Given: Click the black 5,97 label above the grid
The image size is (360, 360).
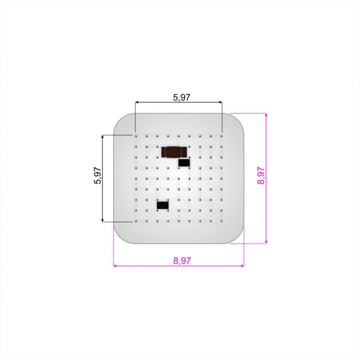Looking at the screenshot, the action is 182,97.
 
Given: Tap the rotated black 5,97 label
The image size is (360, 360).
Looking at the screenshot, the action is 97,176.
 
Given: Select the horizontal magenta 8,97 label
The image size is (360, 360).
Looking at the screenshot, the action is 182,261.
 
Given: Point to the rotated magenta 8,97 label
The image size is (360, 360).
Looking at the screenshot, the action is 261,176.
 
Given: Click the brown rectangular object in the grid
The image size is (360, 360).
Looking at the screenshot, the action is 174,152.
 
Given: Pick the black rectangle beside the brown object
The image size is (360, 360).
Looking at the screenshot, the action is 184,163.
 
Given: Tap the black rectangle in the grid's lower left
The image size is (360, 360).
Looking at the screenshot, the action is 162,205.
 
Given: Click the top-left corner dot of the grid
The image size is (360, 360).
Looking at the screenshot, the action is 136,136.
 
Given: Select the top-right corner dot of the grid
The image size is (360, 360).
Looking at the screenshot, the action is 222,136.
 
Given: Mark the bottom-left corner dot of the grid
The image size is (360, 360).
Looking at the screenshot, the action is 136,221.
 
